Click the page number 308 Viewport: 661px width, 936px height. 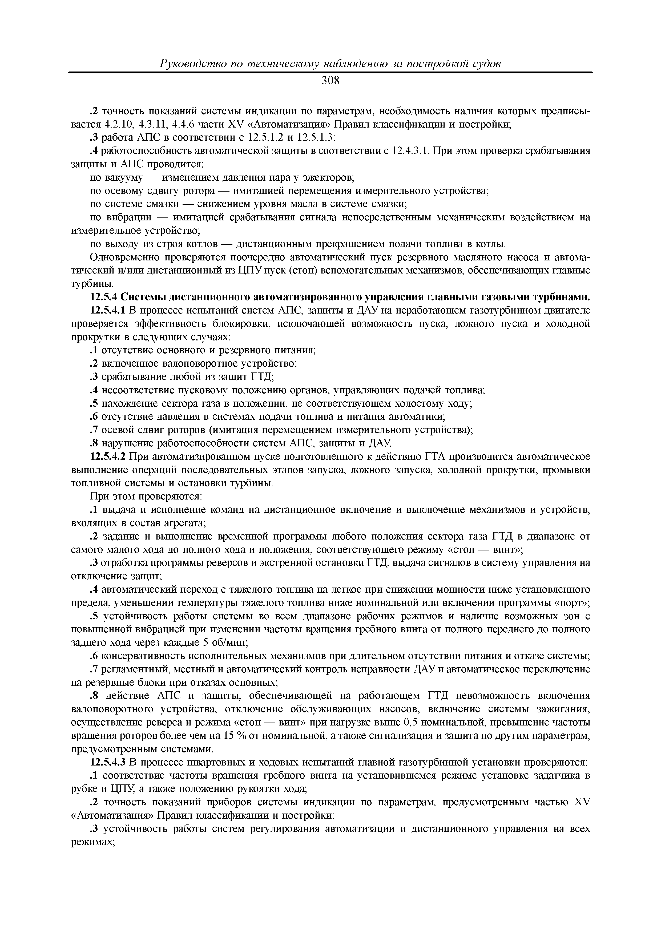click(x=330, y=81)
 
